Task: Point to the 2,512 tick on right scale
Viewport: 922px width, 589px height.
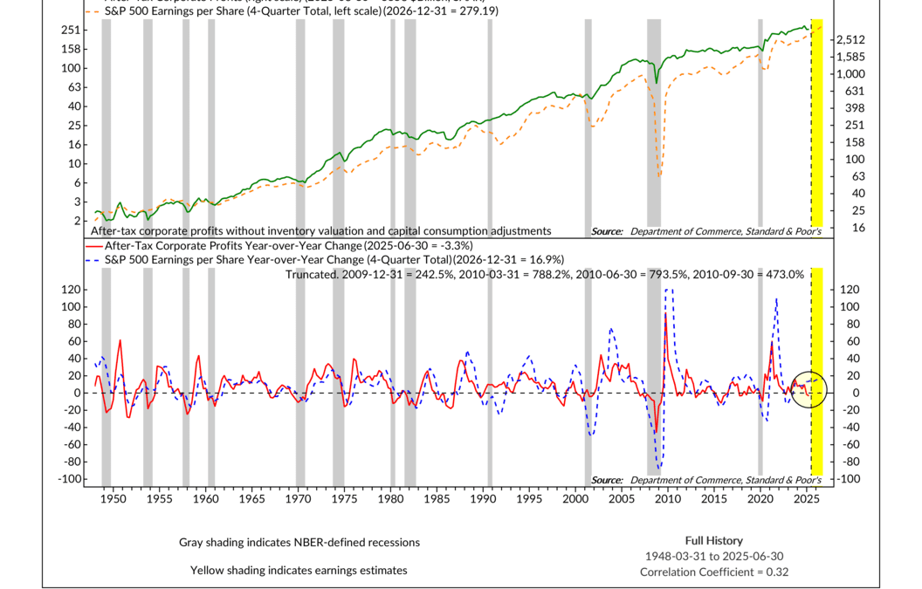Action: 851,40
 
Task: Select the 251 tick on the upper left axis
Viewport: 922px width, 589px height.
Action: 72,31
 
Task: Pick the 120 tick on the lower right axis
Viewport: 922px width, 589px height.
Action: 850,290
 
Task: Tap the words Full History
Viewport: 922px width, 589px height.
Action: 714,540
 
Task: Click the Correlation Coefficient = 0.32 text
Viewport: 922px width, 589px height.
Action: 714,572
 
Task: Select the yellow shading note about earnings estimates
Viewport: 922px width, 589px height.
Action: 299,570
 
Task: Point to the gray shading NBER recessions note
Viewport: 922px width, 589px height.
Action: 299,542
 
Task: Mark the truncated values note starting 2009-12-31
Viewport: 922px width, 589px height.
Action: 544,274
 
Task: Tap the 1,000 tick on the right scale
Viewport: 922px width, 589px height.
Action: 851,74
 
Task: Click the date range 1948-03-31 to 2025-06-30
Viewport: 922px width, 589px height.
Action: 714,556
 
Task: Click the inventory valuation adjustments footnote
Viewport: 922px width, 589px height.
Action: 321,231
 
